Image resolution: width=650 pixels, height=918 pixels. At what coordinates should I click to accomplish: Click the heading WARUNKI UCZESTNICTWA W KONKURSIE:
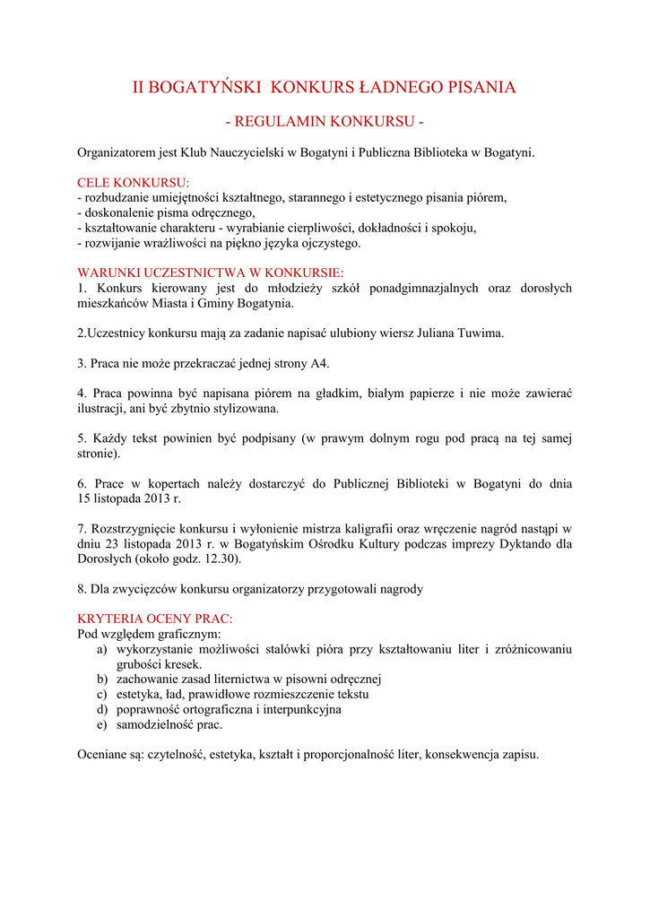(x=211, y=273)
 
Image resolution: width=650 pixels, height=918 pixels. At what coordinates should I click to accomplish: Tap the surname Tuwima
(x=481, y=333)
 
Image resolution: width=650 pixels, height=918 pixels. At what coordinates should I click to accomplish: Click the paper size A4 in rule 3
(x=320, y=363)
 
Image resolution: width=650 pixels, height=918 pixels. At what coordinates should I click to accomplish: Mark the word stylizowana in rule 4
(x=247, y=409)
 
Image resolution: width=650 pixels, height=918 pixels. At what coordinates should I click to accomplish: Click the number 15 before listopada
(x=85, y=499)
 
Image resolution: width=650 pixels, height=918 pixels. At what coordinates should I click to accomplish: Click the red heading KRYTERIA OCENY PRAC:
(x=155, y=619)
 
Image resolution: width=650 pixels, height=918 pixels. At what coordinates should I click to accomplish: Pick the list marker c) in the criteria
(x=102, y=694)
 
